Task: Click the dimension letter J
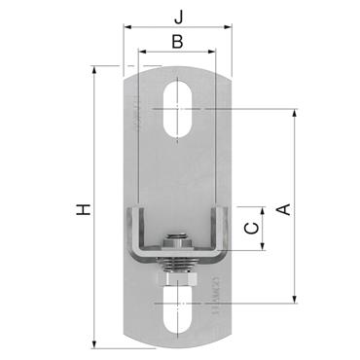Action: [178, 16]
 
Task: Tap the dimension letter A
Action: [283, 208]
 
